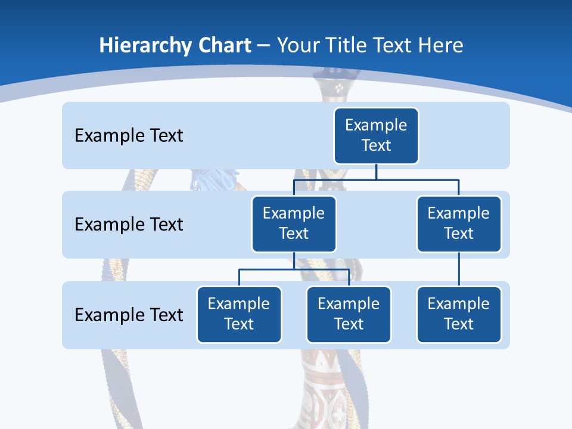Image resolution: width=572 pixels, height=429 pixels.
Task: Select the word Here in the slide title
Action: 442,46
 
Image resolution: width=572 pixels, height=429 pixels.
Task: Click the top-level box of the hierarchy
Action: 376,136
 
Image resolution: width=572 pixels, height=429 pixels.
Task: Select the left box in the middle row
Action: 294,224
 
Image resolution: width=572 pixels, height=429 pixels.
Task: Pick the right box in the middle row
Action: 459,224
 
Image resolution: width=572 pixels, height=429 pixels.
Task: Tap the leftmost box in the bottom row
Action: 239,315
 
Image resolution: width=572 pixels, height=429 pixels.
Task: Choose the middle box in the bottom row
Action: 349,315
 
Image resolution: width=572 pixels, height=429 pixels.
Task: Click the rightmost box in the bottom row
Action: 459,315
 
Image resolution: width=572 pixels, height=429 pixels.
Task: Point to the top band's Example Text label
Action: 129,136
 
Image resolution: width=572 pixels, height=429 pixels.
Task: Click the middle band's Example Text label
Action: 129,225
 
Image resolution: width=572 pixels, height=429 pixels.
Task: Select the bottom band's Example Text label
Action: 129,315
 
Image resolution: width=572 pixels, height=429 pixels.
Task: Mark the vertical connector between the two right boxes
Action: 459,269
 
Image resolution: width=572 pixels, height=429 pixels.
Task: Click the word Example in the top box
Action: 376,125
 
